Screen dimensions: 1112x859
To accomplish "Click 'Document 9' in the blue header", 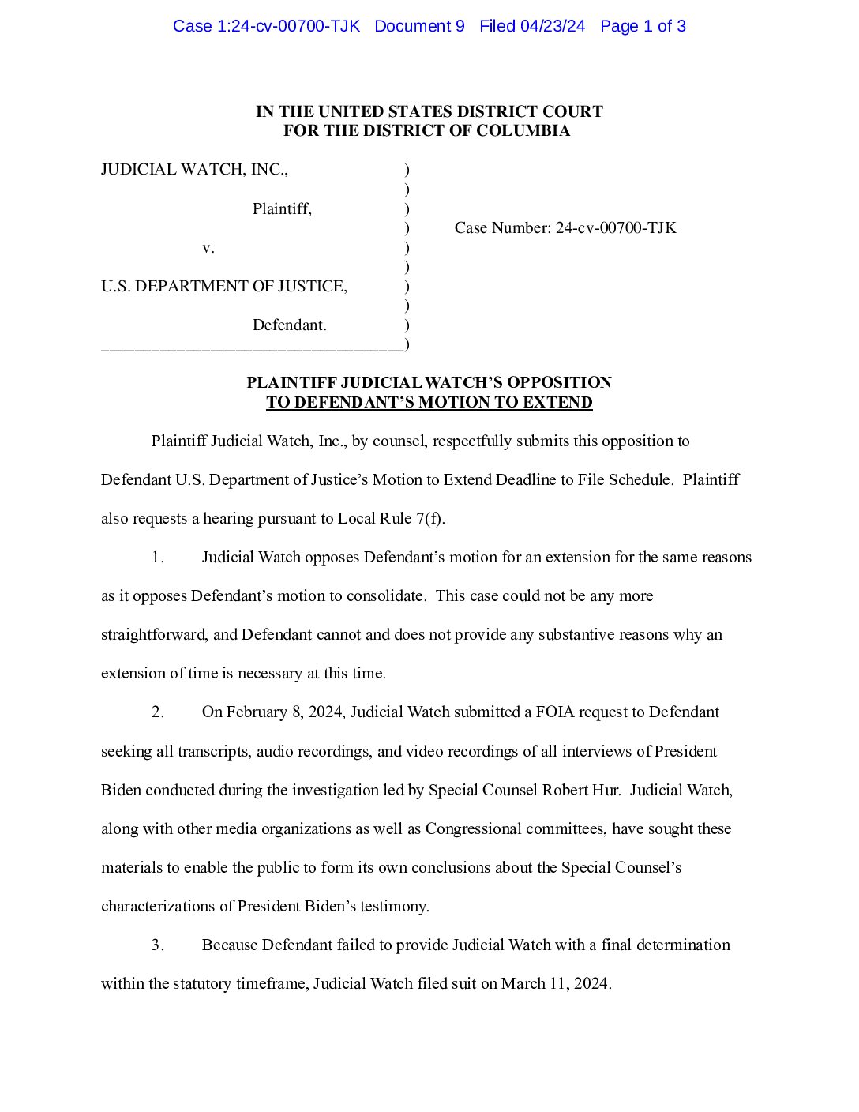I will [x=419, y=26].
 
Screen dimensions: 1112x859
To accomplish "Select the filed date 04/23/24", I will [x=553, y=26].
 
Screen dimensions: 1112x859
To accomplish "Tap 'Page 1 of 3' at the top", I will [x=643, y=26].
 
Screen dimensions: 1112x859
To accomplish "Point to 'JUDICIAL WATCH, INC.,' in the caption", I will [x=194, y=169].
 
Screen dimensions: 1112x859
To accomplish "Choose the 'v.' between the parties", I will [x=208, y=247].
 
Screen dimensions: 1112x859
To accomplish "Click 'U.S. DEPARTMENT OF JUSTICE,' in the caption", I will [x=223, y=286].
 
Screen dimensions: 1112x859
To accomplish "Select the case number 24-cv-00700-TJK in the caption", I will [x=616, y=227].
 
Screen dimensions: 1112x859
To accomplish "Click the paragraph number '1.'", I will [x=158, y=557].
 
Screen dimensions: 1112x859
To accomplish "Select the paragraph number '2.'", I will [x=158, y=712].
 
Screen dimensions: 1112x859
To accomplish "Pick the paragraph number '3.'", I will [x=158, y=945].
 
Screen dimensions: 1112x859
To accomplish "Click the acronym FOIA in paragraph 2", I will [x=555, y=712].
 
